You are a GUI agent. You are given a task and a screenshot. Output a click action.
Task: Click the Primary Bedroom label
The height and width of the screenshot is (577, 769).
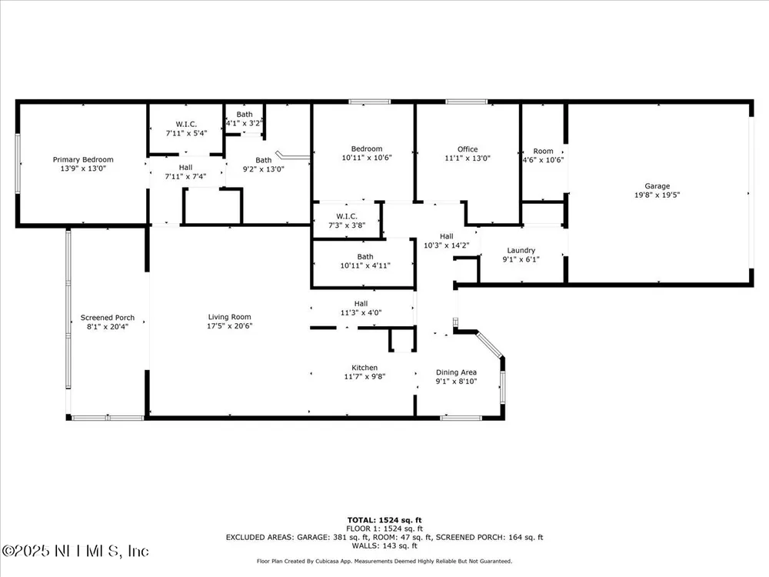83,159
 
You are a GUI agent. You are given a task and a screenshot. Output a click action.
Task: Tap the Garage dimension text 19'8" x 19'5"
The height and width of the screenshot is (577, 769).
657,195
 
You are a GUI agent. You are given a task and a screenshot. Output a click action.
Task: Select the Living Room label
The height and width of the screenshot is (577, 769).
229,317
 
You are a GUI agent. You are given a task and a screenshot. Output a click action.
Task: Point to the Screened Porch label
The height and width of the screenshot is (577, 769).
108,318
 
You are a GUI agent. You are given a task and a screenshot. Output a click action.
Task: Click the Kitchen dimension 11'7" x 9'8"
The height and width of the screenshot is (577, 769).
365,376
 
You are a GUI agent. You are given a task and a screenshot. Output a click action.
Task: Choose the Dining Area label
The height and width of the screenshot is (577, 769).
456,372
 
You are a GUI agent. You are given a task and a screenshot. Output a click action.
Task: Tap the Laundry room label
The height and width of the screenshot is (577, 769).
521,250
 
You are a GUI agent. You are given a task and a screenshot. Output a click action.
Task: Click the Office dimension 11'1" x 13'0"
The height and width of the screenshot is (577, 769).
468,158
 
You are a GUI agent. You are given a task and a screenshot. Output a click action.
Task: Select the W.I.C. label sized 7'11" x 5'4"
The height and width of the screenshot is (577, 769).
186,124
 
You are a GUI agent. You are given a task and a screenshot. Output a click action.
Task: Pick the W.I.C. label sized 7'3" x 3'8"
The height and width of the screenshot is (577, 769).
347,216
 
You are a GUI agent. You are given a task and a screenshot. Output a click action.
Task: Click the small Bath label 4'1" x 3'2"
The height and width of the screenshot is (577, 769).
245,115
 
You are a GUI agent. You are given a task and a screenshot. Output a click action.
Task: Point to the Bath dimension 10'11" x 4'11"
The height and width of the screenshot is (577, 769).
365,265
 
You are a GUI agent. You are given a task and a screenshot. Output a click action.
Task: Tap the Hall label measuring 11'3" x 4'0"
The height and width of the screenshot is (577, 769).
361,304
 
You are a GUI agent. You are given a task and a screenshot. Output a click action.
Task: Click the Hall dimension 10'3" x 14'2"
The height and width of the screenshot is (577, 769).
446,245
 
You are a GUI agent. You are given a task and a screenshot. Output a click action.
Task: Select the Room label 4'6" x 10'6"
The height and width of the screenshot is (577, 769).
543,151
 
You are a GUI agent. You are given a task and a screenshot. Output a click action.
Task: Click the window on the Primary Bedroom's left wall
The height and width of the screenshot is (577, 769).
18,163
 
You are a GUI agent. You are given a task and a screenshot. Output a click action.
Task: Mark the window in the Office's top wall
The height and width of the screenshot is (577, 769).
467,102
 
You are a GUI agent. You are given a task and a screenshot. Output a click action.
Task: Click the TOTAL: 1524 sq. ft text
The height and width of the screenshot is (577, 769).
384,520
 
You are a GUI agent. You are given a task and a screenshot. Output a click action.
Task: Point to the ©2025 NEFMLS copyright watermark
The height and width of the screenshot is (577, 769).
75,551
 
